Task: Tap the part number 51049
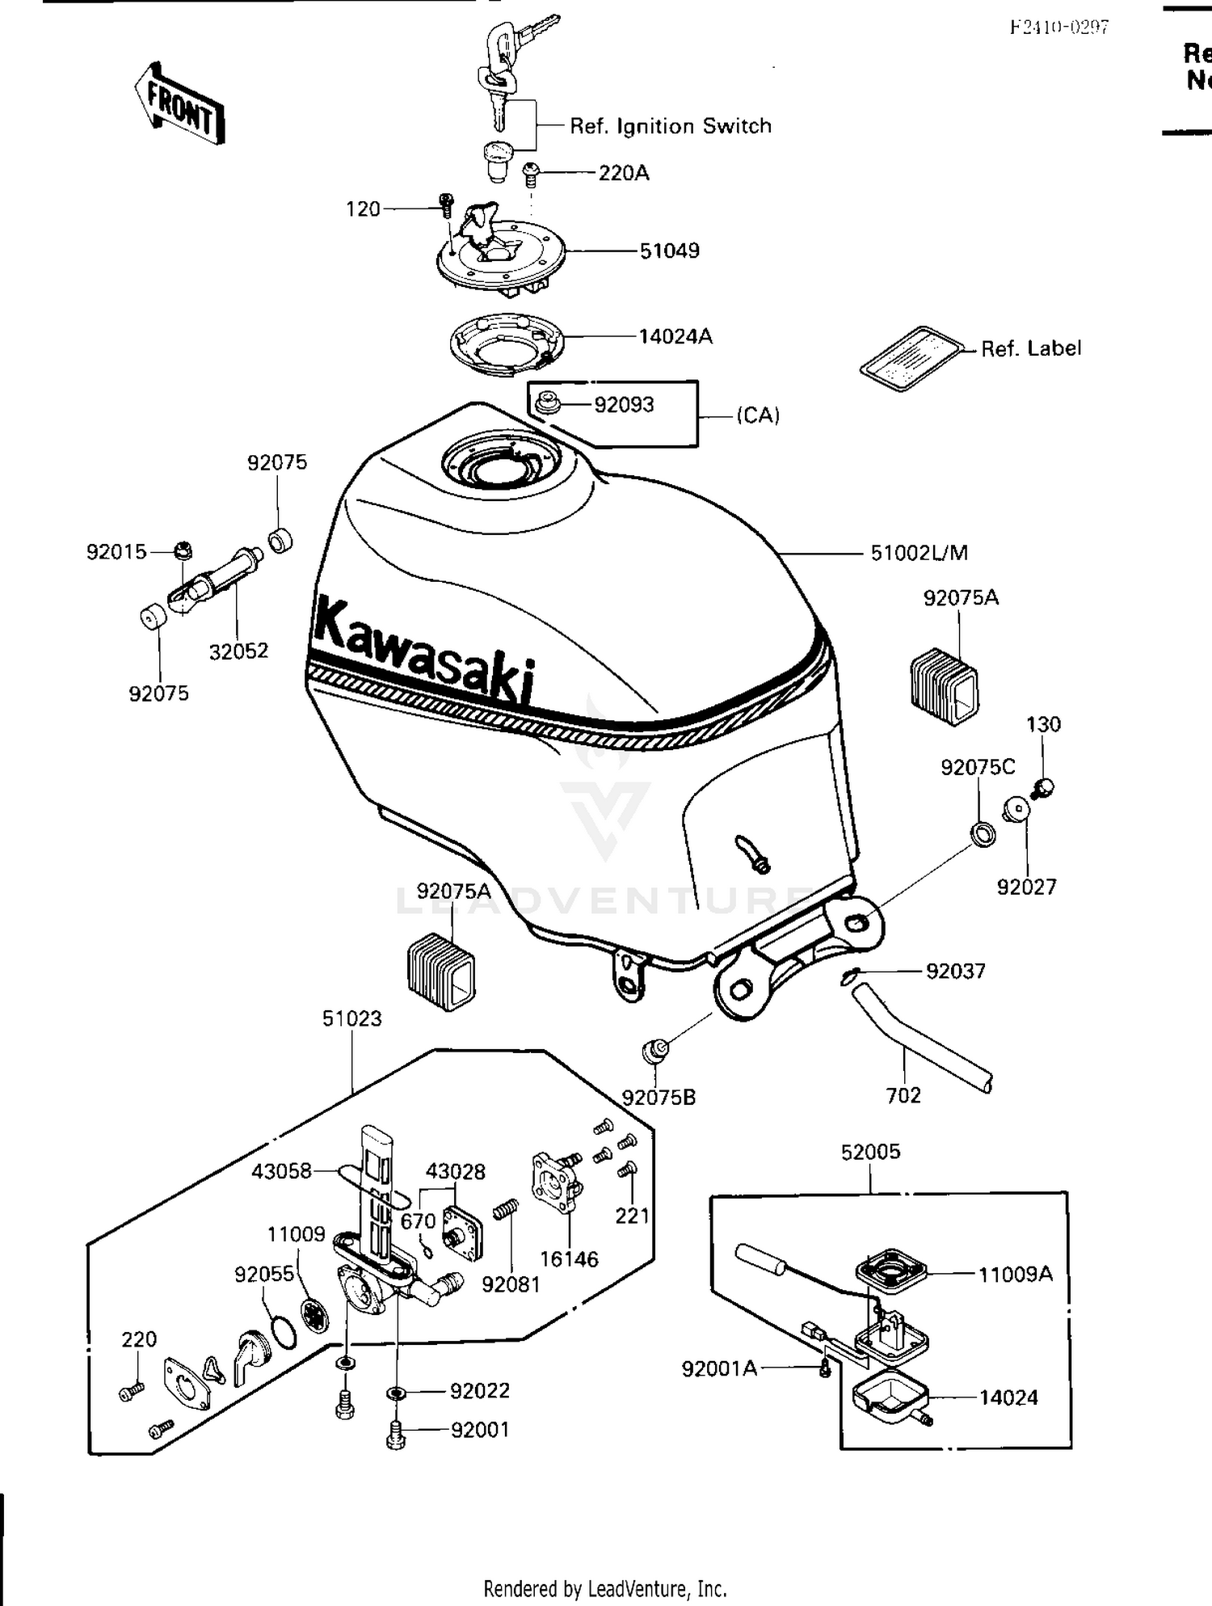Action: tap(669, 251)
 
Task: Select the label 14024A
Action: tap(675, 336)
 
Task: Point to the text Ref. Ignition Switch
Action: tap(671, 126)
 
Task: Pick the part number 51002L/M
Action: tap(919, 553)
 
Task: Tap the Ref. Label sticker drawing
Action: tap(911, 359)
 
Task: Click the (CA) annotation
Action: tap(757, 415)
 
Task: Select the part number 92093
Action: tap(624, 404)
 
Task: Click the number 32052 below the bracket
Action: tap(238, 651)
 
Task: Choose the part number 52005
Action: tap(870, 1152)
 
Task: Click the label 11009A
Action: tap(1016, 1275)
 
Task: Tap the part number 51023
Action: tap(351, 1018)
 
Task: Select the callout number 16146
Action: tap(569, 1258)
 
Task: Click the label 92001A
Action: tap(719, 1368)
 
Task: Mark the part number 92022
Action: tap(480, 1390)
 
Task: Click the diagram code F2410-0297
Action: tap(1059, 27)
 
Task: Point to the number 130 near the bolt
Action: tap(1043, 724)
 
